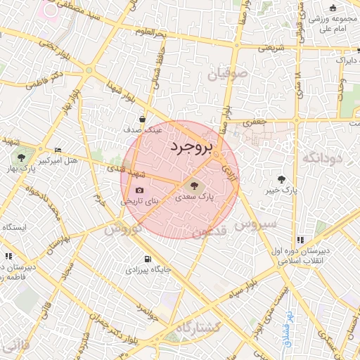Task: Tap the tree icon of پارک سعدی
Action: pyautogui.click(x=193, y=186)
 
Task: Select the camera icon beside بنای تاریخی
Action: pyautogui.click(x=139, y=191)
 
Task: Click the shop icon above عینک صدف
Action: pyautogui.click(x=143, y=120)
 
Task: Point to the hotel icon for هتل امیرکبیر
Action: pyautogui.click(x=58, y=150)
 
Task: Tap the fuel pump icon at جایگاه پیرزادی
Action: pyautogui.click(x=147, y=258)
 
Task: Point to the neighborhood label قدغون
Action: pyautogui.click(x=209, y=231)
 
